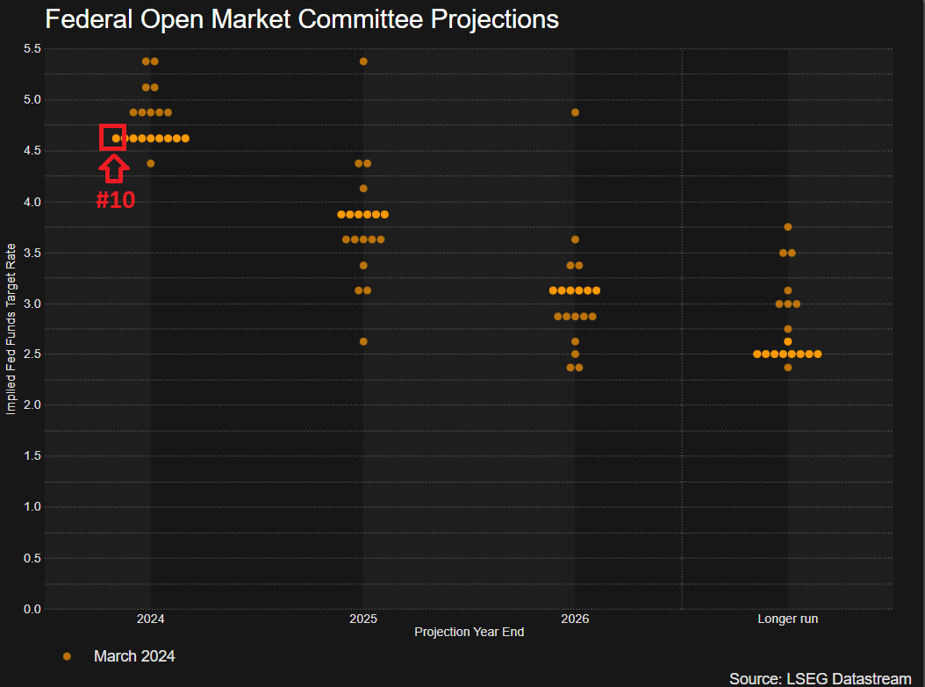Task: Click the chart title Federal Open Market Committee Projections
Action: (302, 19)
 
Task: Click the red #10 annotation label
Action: (115, 200)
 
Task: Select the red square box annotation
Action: (113, 138)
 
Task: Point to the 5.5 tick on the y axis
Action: (32, 48)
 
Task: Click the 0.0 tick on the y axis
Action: (32, 609)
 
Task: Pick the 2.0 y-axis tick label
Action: (32, 405)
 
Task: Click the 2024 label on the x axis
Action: (150, 619)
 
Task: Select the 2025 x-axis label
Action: (363, 619)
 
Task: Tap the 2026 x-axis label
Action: (575, 619)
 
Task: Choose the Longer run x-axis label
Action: (787, 619)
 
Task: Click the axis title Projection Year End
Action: (469, 633)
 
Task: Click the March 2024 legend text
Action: (134, 656)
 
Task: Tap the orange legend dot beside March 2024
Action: (67, 656)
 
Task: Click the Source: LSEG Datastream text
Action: (820, 678)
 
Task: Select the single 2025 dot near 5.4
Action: (363, 61)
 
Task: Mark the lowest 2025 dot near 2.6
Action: (363, 341)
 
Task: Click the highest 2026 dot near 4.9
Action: (575, 112)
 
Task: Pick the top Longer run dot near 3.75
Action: (787, 227)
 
